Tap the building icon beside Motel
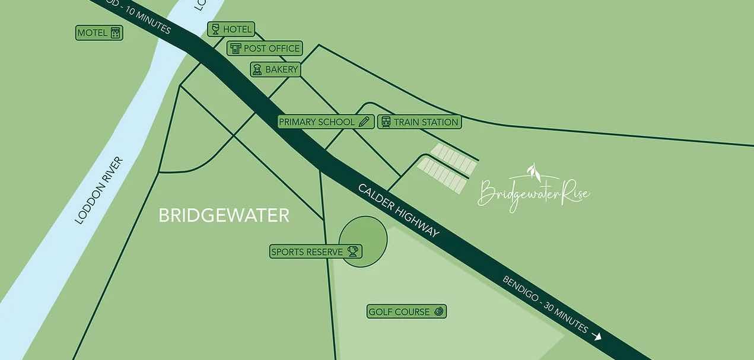click(116, 33)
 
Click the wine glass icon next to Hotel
click(215, 28)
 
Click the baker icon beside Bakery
click(257, 69)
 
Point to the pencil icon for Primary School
click(364, 122)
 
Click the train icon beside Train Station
click(386, 122)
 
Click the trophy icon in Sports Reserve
click(352, 251)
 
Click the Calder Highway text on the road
click(399, 211)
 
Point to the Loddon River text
click(99, 190)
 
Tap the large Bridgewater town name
click(224, 215)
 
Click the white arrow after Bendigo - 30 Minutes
click(597, 336)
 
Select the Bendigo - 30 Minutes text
click(545, 304)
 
